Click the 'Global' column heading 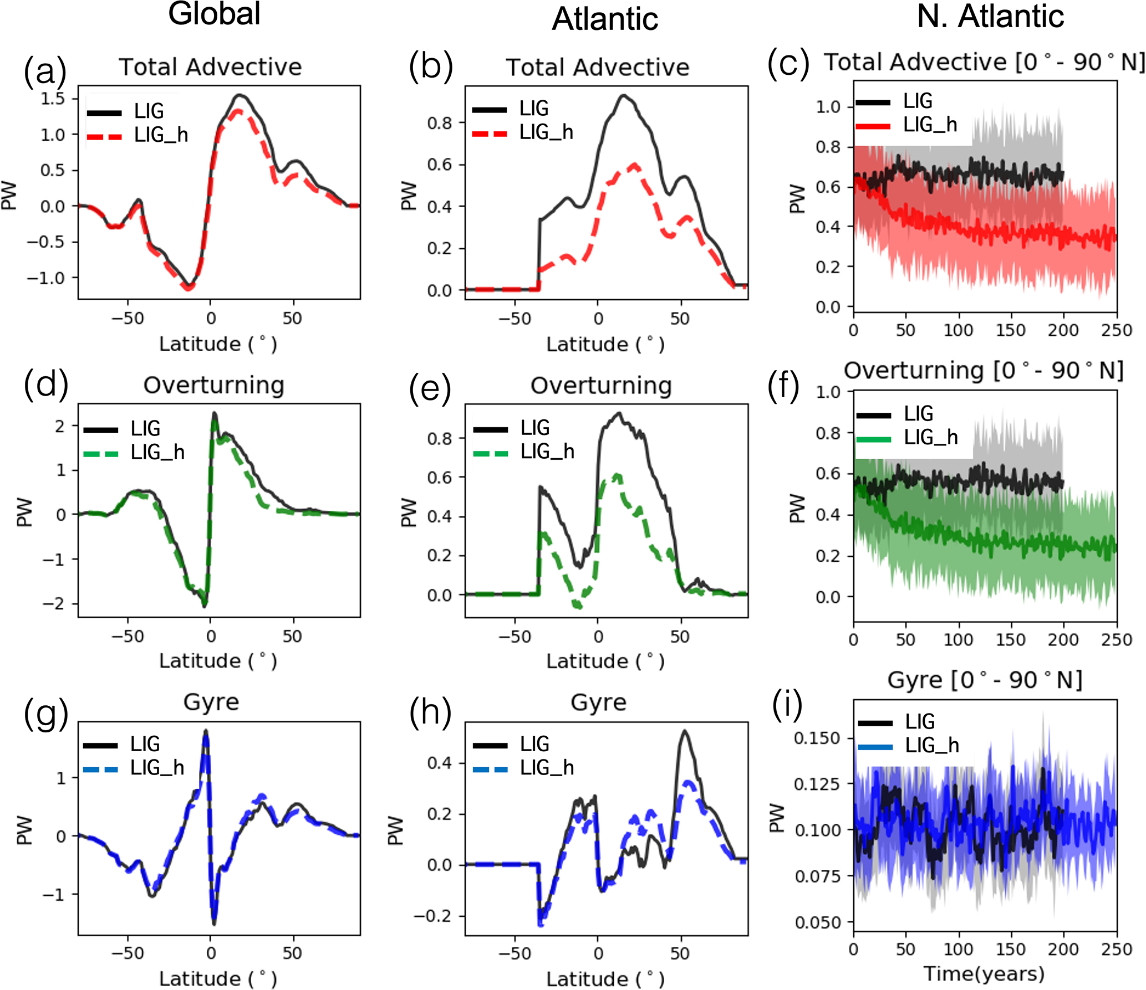point(214,14)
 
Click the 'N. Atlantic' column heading point(990,16)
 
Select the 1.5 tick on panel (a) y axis point(53,99)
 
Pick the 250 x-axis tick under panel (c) point(1117,331)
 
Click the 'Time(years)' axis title point(984,973)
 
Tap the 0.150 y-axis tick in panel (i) point(817,738)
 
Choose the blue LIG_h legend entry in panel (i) point(909,746)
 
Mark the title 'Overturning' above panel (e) point(601,386)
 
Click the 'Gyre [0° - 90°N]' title point(985,680)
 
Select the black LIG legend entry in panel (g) point(122,744)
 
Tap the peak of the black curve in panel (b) point(624,95)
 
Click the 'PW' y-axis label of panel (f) point(797,508)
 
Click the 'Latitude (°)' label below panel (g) point(218,978)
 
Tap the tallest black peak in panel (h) point(685,731)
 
